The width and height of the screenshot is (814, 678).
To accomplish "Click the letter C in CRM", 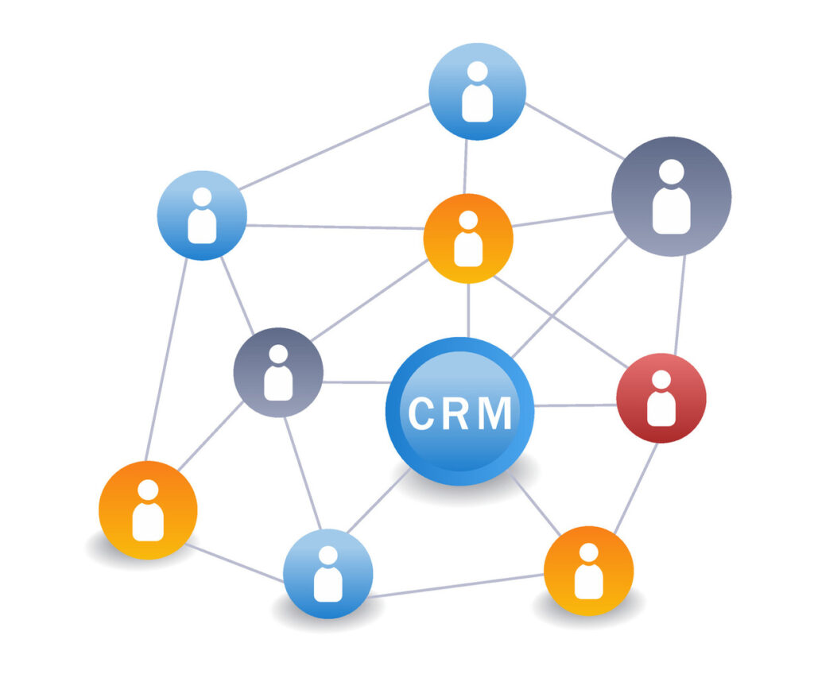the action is point(421,413).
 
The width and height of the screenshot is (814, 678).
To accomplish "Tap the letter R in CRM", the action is point(454,413).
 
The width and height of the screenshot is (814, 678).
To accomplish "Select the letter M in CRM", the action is point(494,413).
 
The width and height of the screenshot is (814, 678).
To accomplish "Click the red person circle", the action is point(661,398).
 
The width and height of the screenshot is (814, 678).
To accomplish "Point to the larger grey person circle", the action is point(671,196).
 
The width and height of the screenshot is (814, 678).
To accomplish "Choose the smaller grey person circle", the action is point(278,372).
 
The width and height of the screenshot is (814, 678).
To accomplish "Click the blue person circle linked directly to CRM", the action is point(328,574).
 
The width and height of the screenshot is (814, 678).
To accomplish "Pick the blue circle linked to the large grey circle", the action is point(477,91).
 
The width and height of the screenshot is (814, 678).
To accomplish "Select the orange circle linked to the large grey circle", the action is point(468,238).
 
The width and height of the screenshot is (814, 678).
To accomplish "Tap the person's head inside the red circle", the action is point(661,380).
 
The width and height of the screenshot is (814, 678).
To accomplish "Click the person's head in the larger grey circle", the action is point(671,172).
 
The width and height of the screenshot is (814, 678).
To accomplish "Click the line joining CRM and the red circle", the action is point(576,405).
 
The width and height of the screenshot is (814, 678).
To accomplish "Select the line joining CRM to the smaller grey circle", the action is point(357,382).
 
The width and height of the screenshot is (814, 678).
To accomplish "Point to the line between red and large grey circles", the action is point(680,304).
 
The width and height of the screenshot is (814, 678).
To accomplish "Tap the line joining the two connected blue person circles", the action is point(335,147).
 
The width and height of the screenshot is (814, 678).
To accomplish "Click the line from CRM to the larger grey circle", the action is point(569,298).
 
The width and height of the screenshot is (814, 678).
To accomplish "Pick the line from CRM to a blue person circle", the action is point(378,501).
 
